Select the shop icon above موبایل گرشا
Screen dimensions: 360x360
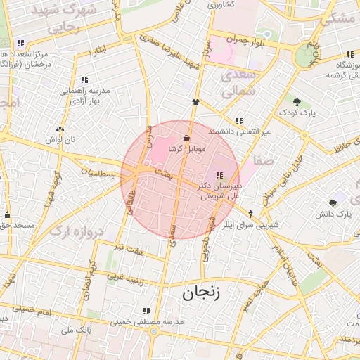(186, 138)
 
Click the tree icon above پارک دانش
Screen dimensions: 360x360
(333, 203)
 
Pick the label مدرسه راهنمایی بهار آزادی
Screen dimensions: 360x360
(86, 95)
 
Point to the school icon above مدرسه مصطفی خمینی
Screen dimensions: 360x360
(146, 310)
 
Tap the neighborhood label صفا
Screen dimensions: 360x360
(264, 161)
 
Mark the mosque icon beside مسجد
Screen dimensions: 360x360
(8, 215)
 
